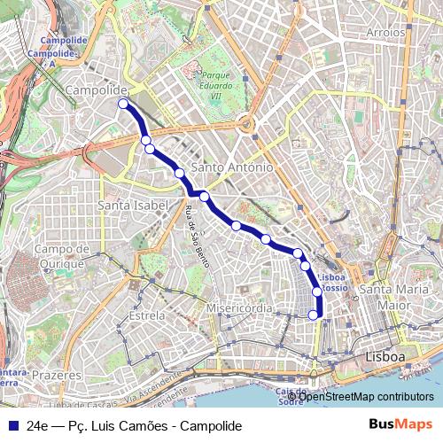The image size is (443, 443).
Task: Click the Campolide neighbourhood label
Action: point(97,90)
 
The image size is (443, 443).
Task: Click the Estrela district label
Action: point(146,315)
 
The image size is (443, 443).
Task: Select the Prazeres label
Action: point(61,376)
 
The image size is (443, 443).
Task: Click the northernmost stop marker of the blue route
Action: point(123,104)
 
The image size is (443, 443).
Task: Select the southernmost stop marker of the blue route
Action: point(312,314)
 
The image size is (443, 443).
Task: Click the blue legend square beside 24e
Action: point(11,425)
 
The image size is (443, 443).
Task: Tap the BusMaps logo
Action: point(400,424)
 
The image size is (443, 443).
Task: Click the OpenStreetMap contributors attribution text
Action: point(364,396)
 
